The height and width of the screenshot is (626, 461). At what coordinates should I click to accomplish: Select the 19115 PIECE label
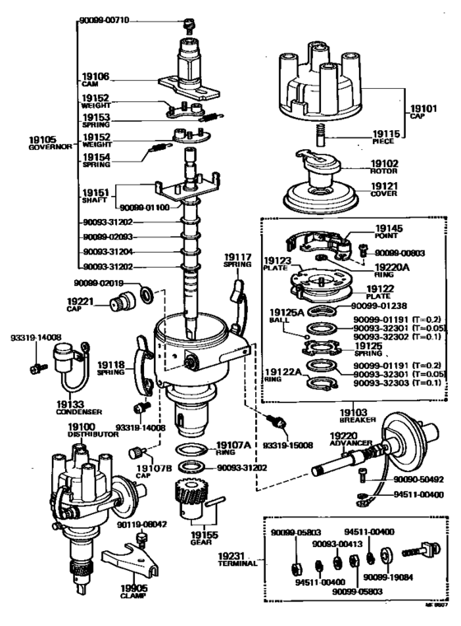click(387, 136)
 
